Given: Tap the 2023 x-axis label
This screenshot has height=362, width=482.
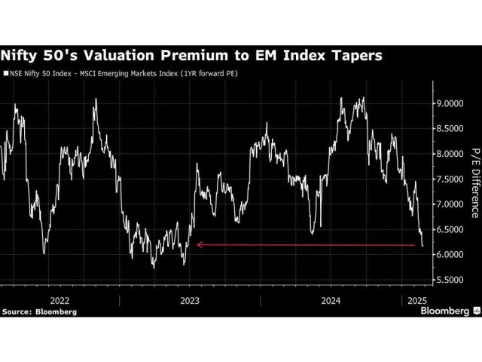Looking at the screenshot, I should [x=189, y=299].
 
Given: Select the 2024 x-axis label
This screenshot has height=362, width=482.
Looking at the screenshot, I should [x=332, y=299].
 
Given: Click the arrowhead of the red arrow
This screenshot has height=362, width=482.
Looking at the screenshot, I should [x=198, y=244].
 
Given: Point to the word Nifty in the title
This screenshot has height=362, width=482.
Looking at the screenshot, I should [x=26, y=56].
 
